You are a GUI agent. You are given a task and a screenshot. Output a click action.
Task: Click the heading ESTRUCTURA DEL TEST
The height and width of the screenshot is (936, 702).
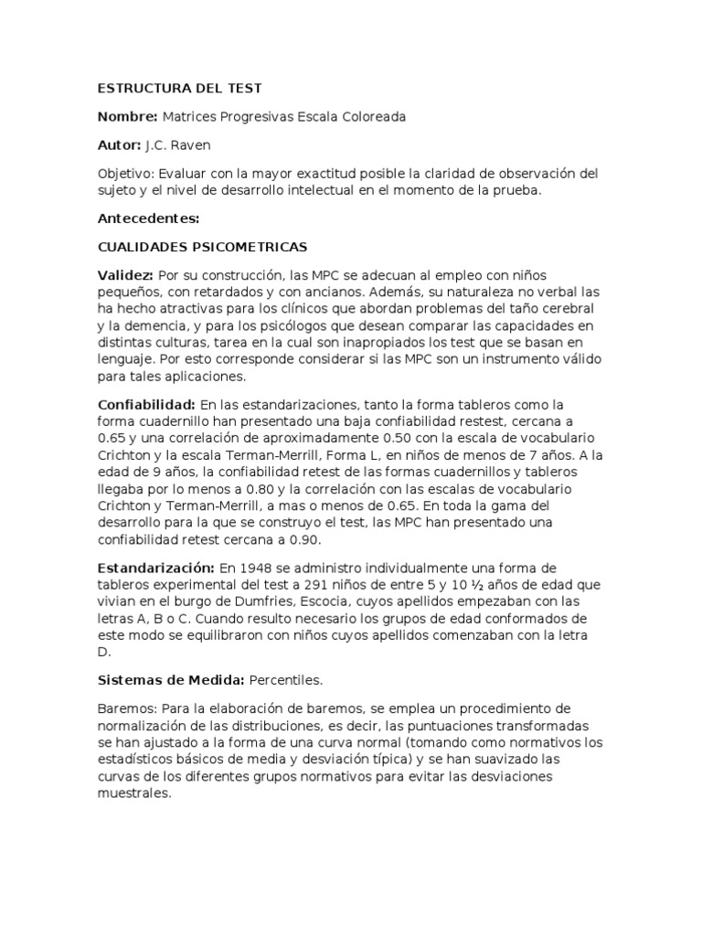pyautogui.click(x=179, y=89)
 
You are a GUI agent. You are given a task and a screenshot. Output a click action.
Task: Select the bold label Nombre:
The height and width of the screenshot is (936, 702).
pyautogui.click(x=127, y=117)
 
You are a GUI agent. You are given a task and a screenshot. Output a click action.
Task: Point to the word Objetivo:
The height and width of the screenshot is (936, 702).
pyautogui.click(x=126, y=174)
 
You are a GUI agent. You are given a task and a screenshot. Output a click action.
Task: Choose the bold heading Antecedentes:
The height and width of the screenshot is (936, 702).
pyautogui.click(x=148, y=218)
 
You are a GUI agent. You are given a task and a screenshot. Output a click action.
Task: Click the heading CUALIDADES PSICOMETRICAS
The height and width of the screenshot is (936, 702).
pyautogui.click(x=202, y=247)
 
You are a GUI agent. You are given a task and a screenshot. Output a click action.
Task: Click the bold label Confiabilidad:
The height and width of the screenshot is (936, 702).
pyautogui.click(x=146, y=404)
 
